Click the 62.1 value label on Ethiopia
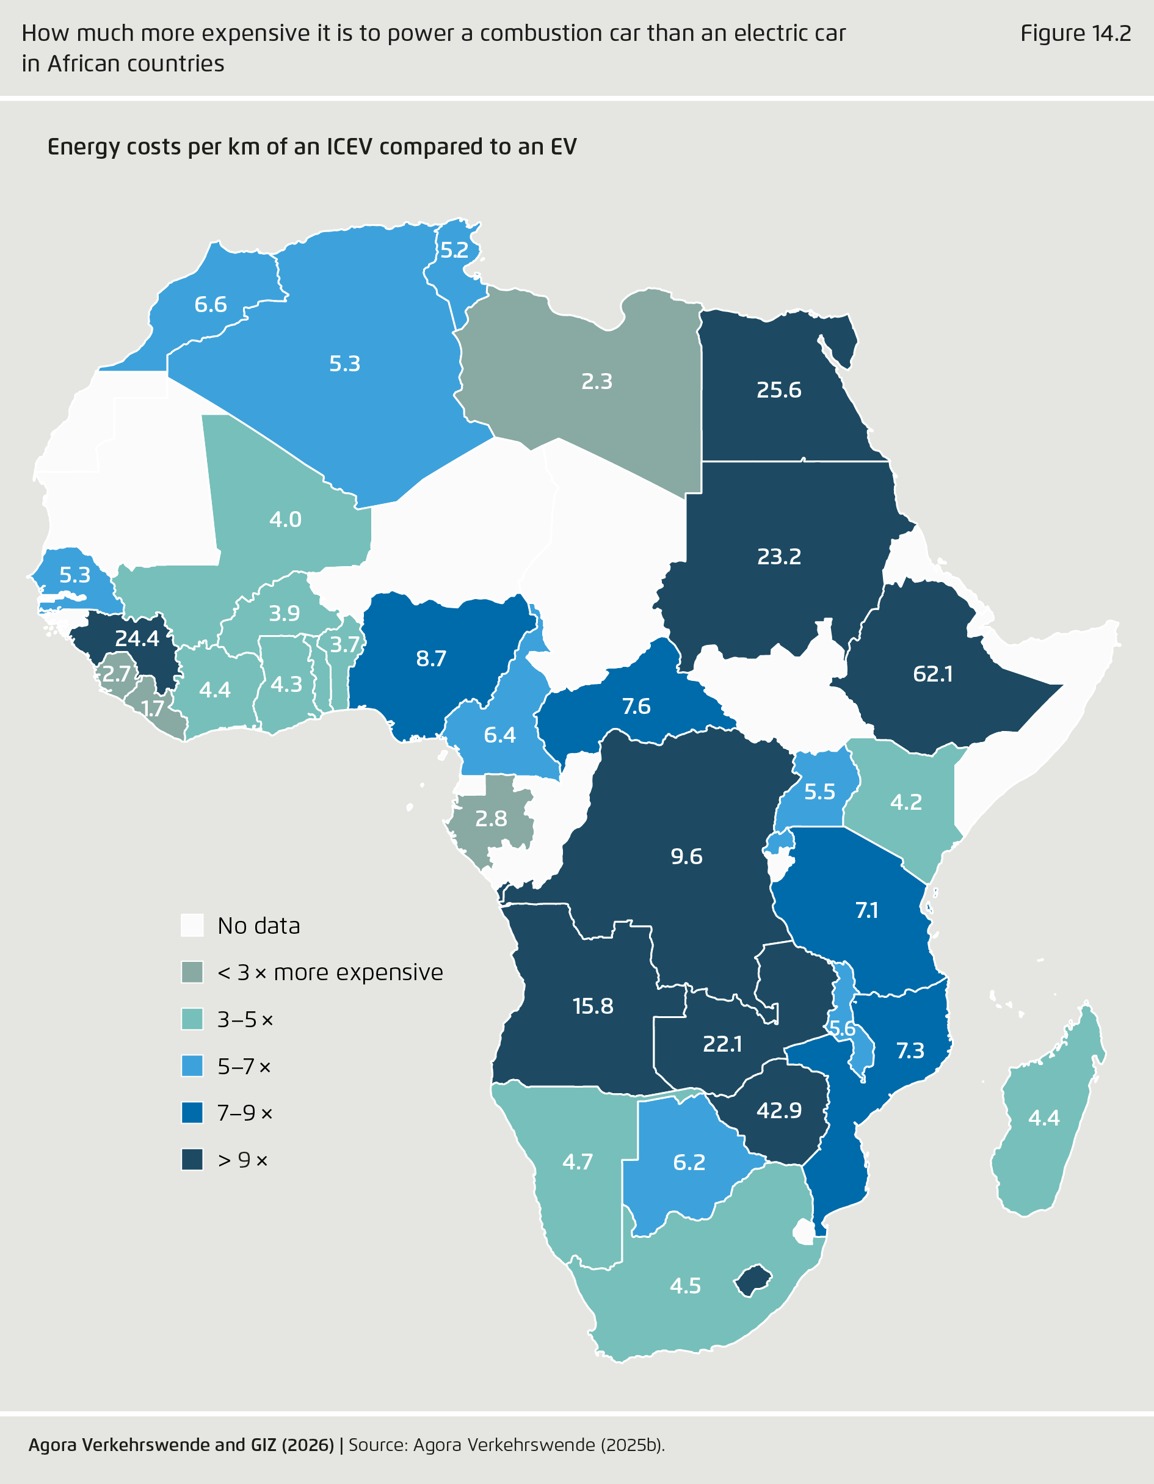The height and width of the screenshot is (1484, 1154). [x=932, y=674]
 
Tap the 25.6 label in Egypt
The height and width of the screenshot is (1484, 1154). [x=778, y=390]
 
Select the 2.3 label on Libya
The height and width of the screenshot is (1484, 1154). [x=597, y=381]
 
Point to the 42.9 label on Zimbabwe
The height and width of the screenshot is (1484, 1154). [x=778, y=1110]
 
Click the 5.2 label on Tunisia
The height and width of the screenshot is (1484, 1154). [x=454, y=250]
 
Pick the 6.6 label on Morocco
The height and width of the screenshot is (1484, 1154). [x=211, y=304]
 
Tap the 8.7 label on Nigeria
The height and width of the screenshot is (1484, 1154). [x=430, y=658]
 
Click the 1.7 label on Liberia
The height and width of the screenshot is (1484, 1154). [x=153, y=708]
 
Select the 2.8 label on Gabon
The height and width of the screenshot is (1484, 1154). [x=490, y=818]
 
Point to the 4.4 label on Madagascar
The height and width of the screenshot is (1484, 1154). [x=1043, y=1118]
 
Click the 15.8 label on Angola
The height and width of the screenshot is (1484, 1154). [x=592, y=1006]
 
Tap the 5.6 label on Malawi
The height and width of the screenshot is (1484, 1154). [x=842, y=1029]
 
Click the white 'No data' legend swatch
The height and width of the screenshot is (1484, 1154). [x=192, y=925]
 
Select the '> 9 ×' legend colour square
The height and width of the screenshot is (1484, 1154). [x=192, y=1160]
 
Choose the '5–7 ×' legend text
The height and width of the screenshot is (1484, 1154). [x=244, y=1067]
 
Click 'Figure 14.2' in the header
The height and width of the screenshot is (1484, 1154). [x=1075, y=34]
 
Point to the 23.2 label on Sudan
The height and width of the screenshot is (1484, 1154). [x=778, y=556]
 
